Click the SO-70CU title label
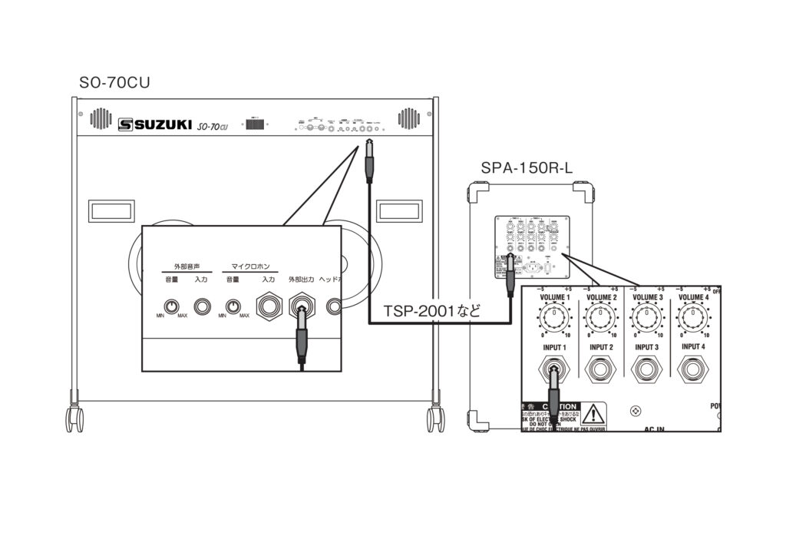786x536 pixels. coord(114,83)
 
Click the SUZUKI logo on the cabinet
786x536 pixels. coord(154,124)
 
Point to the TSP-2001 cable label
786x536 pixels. coord(431,312)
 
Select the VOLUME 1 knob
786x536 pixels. coord(555,319)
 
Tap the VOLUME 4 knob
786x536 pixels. coord(693,319)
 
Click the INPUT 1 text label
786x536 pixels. coord(555,348)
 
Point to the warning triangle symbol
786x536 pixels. coord(593,415)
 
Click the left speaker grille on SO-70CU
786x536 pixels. coord(101,118)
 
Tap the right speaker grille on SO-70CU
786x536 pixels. coord(408,118)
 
